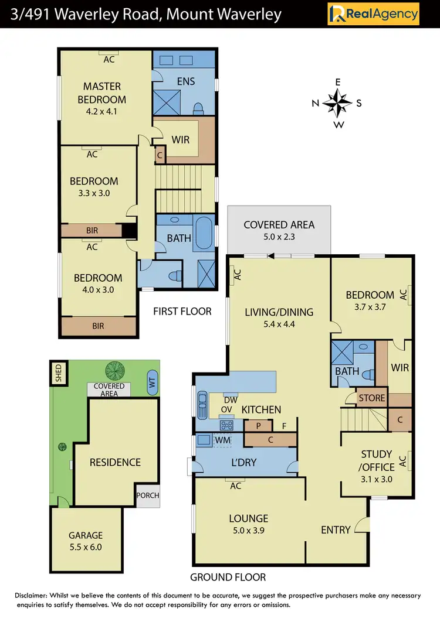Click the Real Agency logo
[x=373, y=13]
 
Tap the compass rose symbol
[x=337, y=103]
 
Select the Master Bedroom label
[x=101, y=93]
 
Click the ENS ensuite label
[x=185, y=81]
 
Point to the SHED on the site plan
[x=58, y=373]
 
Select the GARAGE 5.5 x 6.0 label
[x=86, y=541]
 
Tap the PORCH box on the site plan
[x=147, y=495]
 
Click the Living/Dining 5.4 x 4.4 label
[x=279, y=317]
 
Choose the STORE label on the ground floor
[x=372, y=398]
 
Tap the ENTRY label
[x=336, y=530]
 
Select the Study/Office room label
[x=376, y=460]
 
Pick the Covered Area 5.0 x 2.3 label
[x=279, y=230]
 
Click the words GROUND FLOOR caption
[x=228, y=577]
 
